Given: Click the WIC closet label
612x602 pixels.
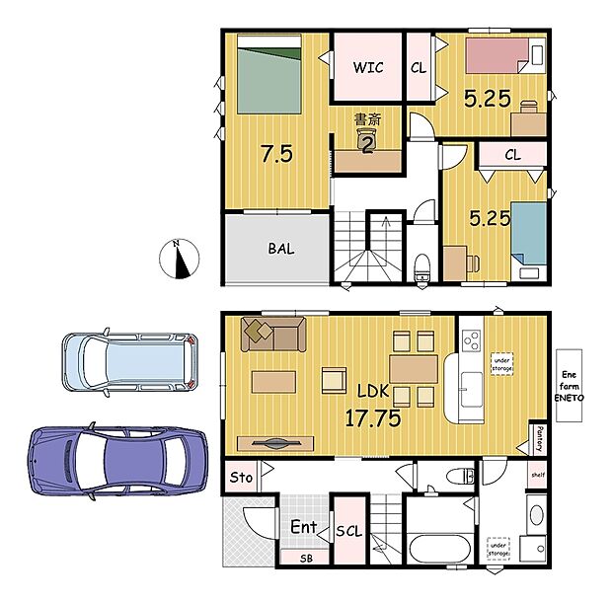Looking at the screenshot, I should [367, 67].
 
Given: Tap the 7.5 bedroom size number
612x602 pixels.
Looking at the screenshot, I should [275, 154].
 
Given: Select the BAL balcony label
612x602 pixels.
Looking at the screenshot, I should [280, 249].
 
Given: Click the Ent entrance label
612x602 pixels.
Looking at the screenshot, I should [303, 528].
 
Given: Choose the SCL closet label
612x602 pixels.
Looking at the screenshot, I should [348, 530].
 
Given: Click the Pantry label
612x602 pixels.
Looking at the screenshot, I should [541, 433].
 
